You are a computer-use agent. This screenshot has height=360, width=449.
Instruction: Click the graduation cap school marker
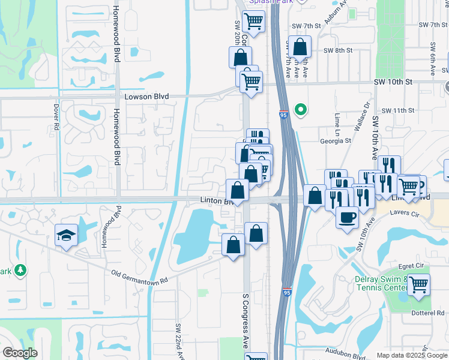point(66,236)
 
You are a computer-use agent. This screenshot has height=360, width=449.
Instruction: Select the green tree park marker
point(21,271)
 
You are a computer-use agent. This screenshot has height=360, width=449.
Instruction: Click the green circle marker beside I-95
point(301,110)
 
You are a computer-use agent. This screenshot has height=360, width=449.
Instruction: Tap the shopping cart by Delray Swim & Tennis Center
point(418,285)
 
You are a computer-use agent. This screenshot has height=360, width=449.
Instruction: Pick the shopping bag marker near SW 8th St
point(301,47)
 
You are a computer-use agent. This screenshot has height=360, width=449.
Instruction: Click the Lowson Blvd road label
point(146,97)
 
